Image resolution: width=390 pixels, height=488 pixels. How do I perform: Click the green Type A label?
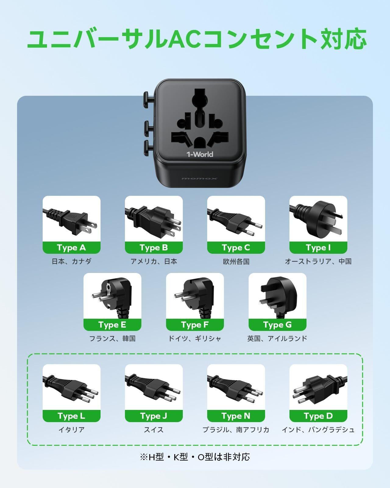click(x=71, y=248)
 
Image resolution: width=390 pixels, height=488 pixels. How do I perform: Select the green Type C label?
click(x=236, y=248)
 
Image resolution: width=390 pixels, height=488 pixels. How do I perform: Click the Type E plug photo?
click(x=112, y=296)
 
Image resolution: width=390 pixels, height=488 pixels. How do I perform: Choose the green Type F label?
click(x=195, y=325)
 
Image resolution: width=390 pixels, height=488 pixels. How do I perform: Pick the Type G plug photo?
click(x=277, y=296)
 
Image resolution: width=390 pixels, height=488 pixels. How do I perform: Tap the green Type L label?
click(x=71, y=416)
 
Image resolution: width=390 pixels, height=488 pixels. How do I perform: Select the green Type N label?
click(x=236, y=416)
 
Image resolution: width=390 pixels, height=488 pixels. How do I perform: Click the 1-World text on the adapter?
click(x=200, y=154)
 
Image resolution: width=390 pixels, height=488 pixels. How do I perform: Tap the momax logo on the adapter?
click(x=199, y=178)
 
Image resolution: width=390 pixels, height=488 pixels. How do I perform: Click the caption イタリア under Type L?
click(x=71, y=430)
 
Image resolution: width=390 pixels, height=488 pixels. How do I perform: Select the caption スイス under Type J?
click(x=154, y=430)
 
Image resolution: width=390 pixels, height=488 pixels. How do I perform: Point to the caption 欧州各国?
click(x=236, y=261)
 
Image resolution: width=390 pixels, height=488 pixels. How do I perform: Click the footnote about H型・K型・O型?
click(x=195, y=457)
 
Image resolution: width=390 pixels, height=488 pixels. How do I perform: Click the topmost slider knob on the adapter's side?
click(x=146, y=98)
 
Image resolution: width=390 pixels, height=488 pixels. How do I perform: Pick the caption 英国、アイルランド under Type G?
click(x=277, y=339)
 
